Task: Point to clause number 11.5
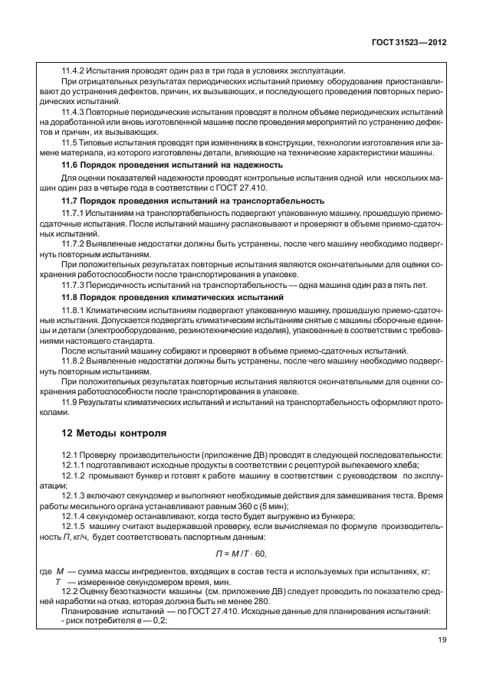pos(69,142)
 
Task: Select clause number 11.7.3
pos(74,284)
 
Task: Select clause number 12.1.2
pos(75,475)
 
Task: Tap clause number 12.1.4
pos(75,518)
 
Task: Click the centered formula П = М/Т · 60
pos(240,554)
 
